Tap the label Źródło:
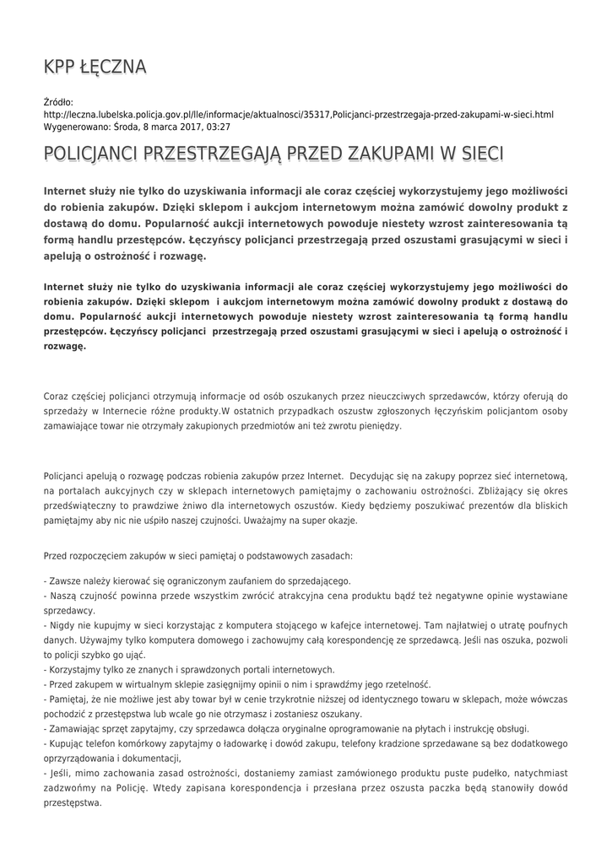point(58,102)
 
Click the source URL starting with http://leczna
point(298,114)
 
